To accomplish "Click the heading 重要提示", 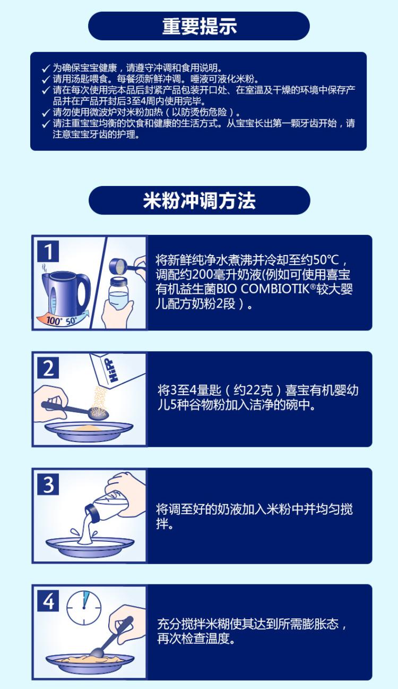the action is tap(200, 26).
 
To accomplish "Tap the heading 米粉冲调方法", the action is tap(199, 201).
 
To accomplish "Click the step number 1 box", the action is tap(48, 251).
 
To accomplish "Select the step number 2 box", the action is tap(48, 368).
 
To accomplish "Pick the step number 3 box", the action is tap(48, 484).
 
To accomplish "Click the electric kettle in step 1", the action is tap(66, 292).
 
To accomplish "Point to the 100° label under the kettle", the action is tap(54, 321).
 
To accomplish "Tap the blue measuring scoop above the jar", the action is tap(123, 266).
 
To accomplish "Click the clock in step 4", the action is tap(84, 608).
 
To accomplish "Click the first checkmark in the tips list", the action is tap(46, 69).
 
